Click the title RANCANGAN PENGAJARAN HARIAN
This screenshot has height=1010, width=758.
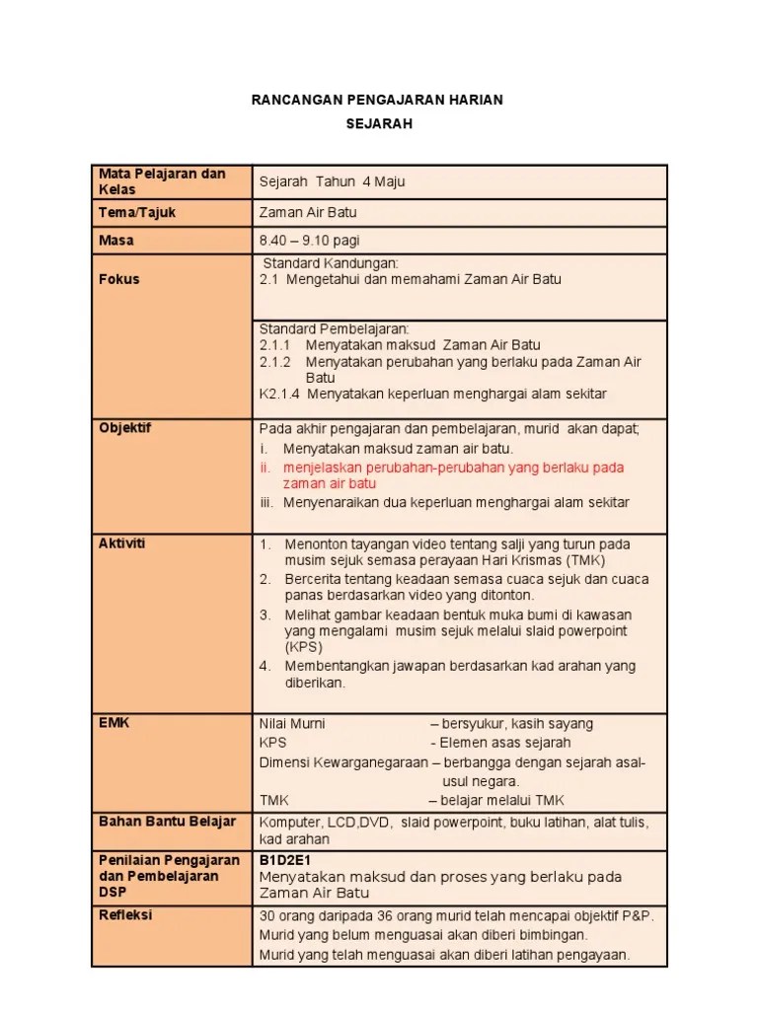(x=378, y=100)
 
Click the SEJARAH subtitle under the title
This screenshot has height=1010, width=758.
(x=378, y=124)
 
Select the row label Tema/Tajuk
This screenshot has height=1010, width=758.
(x=137, y=212)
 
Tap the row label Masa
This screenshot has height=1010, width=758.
(x=116, y=240)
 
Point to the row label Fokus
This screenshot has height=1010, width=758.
(x=119, y=279)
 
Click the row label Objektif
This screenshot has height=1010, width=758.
(x=125, y=427)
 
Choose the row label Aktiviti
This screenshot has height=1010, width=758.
(x=122, y=543)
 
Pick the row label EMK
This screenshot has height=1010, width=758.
(x=114, y=722)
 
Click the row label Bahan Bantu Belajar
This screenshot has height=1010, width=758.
(x=167, y=822)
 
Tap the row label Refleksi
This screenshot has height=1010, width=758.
(x=125, y=914)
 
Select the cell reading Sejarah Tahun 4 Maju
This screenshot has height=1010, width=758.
(x=332, y=181)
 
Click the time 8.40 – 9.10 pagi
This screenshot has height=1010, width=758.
(x=308, y=240)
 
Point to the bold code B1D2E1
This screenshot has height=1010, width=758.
(x=286, y=860)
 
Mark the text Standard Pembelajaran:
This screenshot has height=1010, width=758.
(x=334, y=328)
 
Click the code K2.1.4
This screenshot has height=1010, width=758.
(x=279, y=394)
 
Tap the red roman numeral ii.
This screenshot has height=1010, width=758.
(x=265, y=467)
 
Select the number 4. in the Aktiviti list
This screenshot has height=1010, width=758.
(x=265, y=666)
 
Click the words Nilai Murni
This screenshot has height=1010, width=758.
(x=292, y=723)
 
